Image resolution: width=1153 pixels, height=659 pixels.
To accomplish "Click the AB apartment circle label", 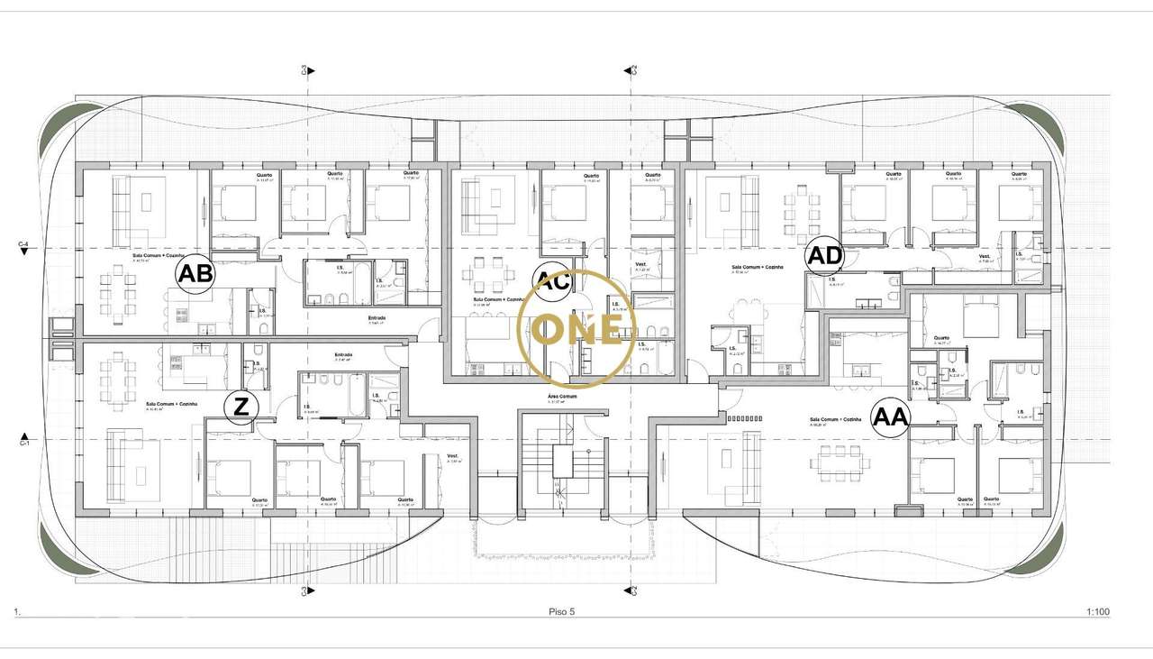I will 195,273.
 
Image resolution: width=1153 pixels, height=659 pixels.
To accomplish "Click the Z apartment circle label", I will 241,407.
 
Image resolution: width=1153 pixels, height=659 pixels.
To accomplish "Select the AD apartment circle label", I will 824,256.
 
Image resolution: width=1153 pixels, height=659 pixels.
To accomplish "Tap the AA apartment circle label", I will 891,418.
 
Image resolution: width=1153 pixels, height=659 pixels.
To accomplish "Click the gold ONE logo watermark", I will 576,327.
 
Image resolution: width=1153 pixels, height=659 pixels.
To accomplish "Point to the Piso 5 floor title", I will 561,612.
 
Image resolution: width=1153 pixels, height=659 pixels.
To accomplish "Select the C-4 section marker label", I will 24,243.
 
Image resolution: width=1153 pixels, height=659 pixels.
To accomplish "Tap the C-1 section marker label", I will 24,443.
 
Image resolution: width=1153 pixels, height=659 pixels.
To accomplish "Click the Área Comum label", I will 560,396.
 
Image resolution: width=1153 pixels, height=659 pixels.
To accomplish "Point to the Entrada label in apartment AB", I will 377,317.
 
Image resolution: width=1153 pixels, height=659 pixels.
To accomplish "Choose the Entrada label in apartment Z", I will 343,354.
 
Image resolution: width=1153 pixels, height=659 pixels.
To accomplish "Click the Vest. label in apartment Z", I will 453,456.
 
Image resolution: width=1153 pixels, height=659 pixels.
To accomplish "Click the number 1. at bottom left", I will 17,612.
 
